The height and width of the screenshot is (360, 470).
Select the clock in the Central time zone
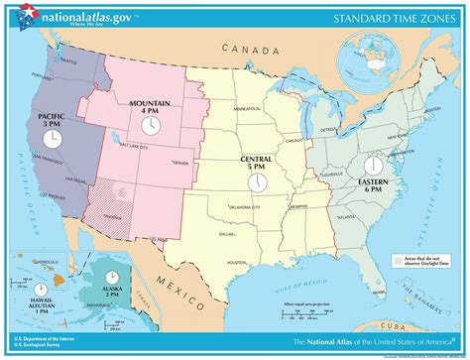pos(256,183)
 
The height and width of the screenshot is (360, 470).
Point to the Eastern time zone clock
pos(374,164)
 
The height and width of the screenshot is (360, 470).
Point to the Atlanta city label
pos(347,215)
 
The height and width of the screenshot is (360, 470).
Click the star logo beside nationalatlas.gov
pos(24,18)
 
